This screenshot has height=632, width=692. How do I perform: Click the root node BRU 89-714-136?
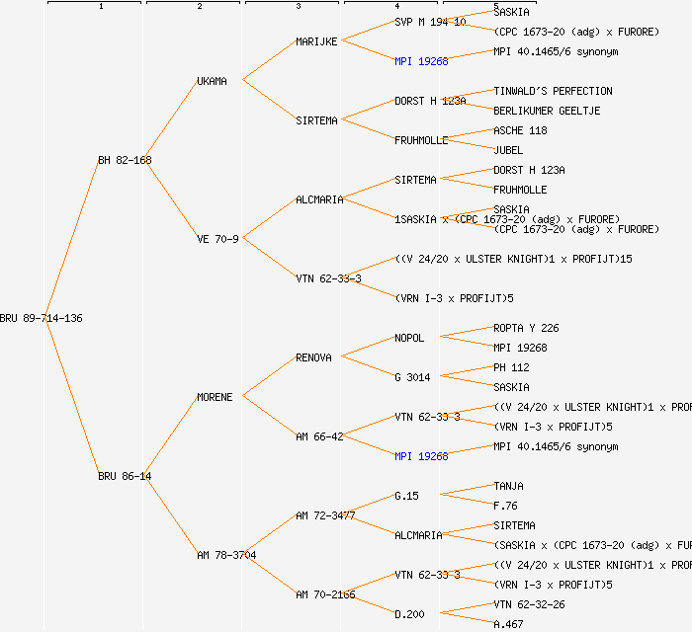click(42, 318)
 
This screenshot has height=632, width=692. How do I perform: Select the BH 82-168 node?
click(125, 160)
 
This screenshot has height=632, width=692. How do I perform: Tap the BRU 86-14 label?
click(125, 476)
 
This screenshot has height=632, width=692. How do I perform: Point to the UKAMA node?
click(212, 81)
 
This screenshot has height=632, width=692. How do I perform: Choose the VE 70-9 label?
click(217, 239)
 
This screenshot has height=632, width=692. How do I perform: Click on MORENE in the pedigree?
click(215, 397)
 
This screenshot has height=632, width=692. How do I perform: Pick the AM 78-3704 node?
click(226, 555)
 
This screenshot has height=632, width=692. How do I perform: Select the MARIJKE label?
click(316, 41)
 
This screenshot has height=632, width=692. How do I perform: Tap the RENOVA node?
click(313, 357)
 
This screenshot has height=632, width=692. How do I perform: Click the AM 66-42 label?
click(319, 436)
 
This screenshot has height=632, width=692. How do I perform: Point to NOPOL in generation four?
click(409, 338)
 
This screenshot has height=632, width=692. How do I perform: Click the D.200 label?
click(409, 614)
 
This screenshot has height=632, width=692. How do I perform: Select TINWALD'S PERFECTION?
click(553, 91)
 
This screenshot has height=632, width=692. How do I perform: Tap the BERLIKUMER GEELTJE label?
click(547, 111)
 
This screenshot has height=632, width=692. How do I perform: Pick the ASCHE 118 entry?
click(520, 130)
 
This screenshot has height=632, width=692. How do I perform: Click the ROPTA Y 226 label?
click(526, 328)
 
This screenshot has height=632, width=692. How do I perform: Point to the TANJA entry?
click(508, 486)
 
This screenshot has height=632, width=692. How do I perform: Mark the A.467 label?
click(508, 624)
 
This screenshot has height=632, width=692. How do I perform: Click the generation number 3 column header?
click(298, 7)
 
